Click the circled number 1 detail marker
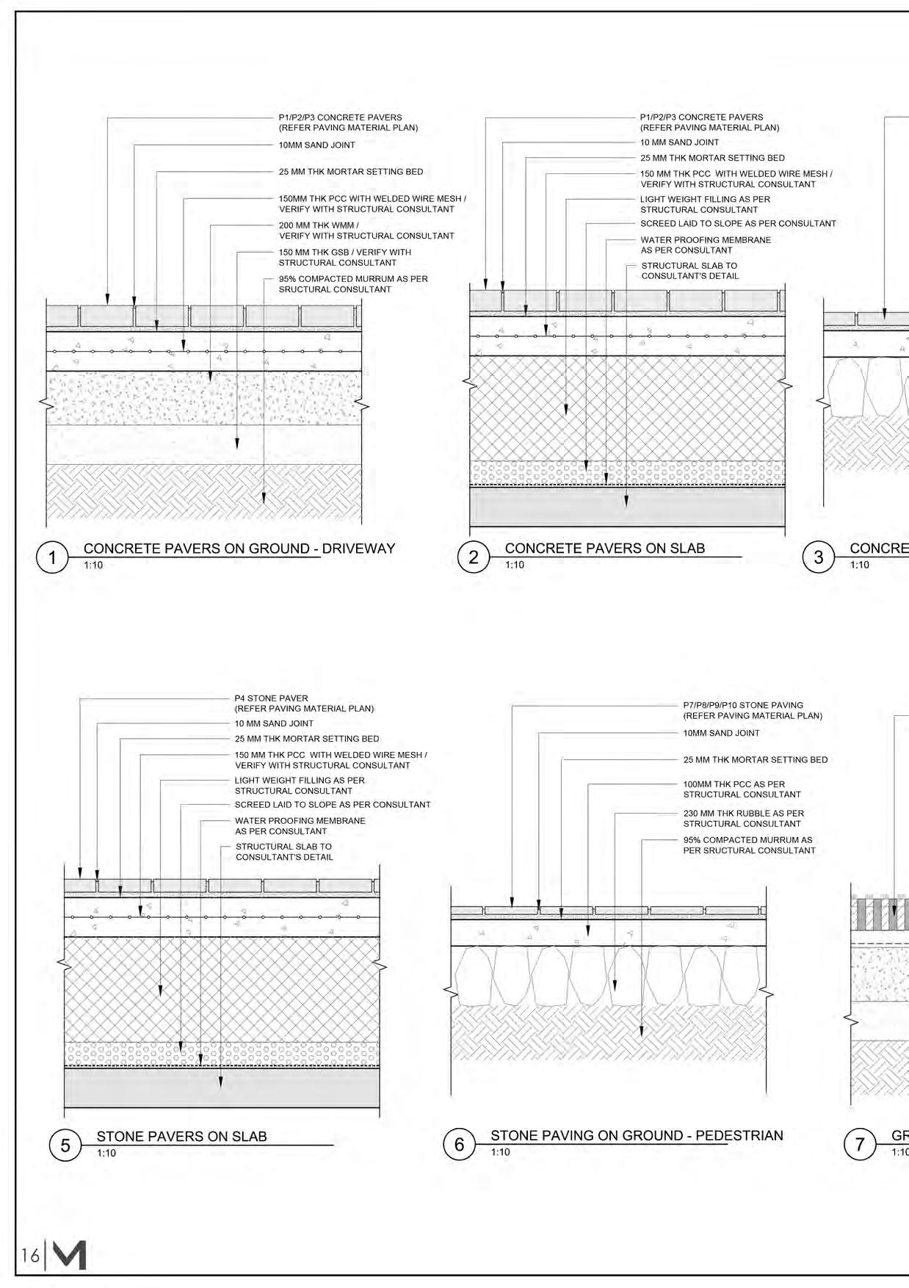(x=52, y=557)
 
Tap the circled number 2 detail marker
(x=474, y=557)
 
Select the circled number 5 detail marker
(x=65, y=1145)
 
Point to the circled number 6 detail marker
(x=460, y=1144)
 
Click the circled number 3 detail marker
(x=819, y=557)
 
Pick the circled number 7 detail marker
(x=860, y=1144)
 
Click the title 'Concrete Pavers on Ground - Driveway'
(x=239, y=549)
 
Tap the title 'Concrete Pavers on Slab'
(x=604, y=549)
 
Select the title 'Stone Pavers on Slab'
(x=181, y=1136)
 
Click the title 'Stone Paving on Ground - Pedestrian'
(x=637, y=1135)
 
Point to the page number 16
(x=30, y=1256)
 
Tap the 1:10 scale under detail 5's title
(x=106, y=1153)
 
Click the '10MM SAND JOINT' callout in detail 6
(x=721, y=733)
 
